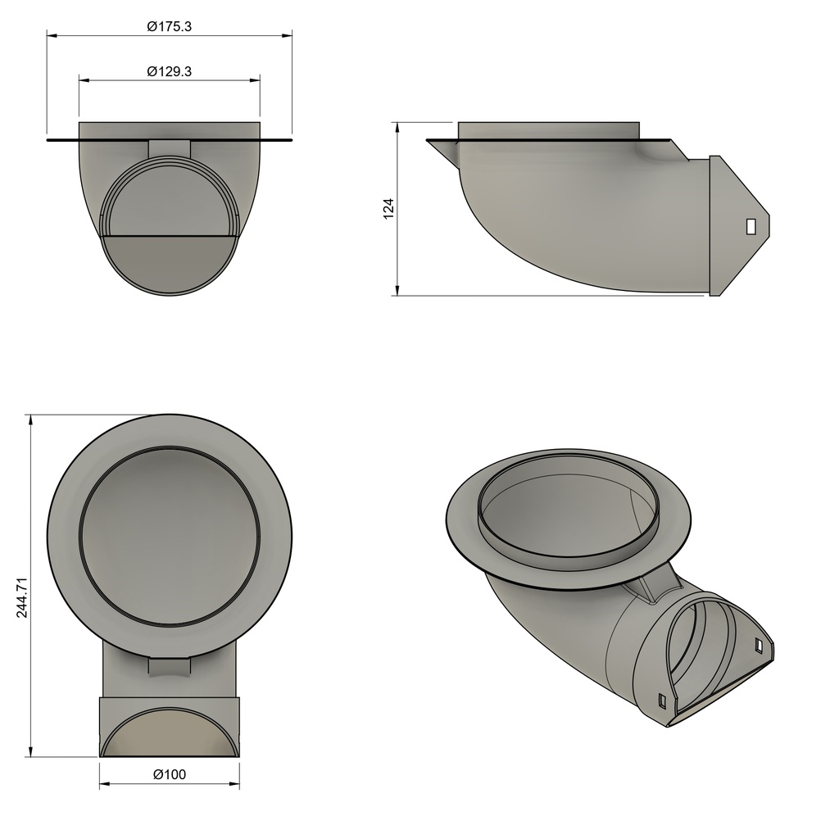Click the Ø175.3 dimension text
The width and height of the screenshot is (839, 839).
[169, 26]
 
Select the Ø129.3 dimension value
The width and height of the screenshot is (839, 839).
[169, 71]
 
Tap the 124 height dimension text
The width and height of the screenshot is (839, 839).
[389, 208]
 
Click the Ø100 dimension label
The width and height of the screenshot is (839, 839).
[170, 774]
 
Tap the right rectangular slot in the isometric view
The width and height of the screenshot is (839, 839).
[759, 646]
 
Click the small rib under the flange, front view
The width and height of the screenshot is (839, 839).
[170, 148]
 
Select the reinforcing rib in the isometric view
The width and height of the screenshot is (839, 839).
[660, 587]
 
